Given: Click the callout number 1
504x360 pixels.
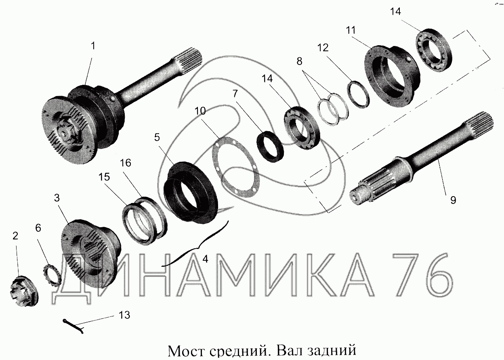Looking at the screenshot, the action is tap(93, 46).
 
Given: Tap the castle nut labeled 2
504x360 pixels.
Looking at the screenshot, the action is tap(24, 291).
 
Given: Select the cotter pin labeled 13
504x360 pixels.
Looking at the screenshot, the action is tap(73, 327).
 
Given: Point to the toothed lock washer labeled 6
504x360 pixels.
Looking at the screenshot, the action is tap(52, 275).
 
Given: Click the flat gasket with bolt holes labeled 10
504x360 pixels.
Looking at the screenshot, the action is tap(236, 167).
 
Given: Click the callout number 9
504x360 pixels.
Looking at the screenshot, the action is tap(453, 200).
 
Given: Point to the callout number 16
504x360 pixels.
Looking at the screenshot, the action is tap(125, 163).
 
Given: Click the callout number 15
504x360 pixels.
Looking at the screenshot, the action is tap(104, 177).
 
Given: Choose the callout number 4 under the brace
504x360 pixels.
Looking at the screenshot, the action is tap(205, 259).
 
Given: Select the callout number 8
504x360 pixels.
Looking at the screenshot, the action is tap(299, 61).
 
